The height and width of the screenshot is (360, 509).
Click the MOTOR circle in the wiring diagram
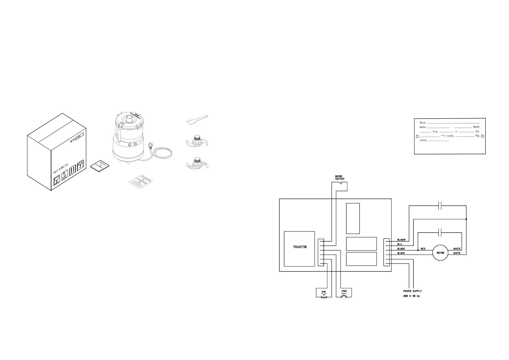point(440,253)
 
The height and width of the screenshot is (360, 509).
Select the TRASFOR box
point(300,249)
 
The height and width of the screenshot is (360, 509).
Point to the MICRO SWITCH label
point(339,177)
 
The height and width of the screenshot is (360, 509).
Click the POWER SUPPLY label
point(412,291)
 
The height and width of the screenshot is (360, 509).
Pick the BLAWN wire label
point(401,240)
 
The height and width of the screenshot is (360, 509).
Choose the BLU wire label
point(400,244)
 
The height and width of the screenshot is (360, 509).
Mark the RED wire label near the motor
point(423,249)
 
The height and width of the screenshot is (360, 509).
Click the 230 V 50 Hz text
point(411,296)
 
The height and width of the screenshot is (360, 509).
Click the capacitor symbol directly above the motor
point(440,233)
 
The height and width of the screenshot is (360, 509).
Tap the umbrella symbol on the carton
point(80,165)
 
